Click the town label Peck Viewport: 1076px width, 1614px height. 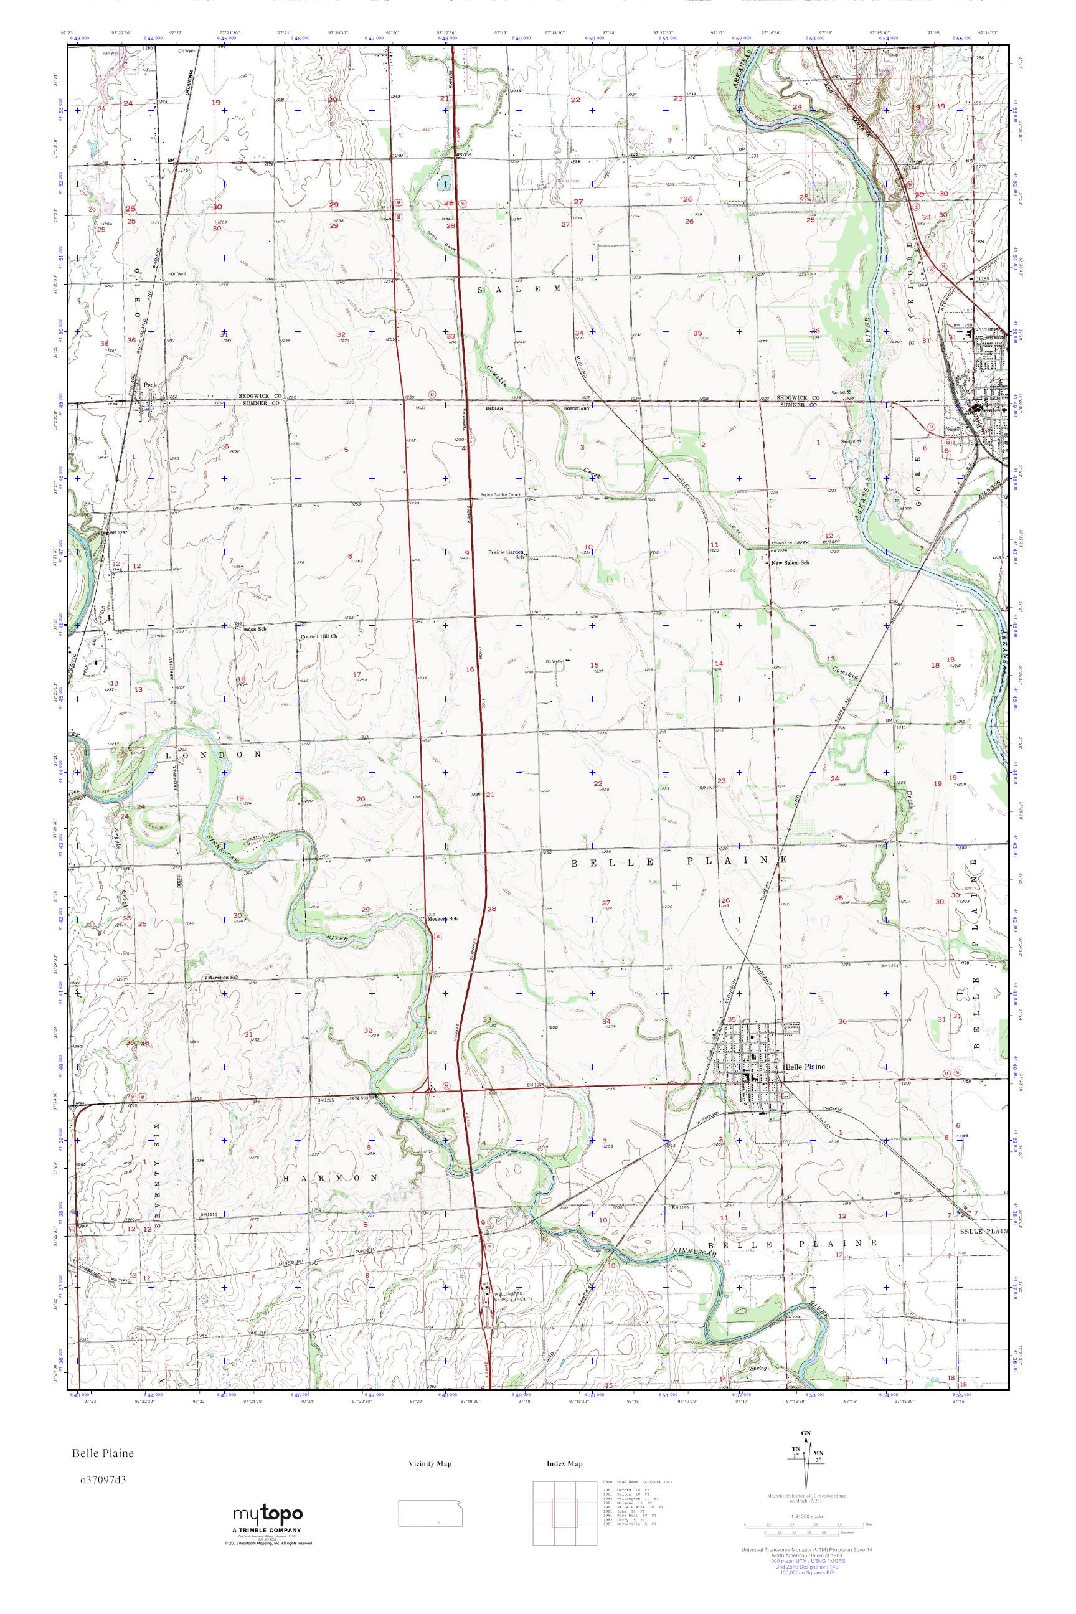coord(150,385)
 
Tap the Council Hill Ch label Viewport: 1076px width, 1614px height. coord(321,637)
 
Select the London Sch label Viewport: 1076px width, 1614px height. coord(251,628)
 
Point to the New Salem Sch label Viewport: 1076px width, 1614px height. coord(791,563)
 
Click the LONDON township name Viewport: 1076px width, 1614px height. coord(213,754)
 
